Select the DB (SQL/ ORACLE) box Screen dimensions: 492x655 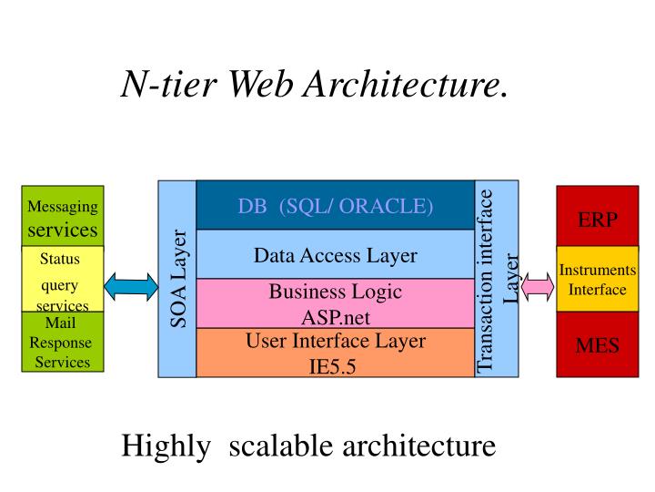(x=336, y=205)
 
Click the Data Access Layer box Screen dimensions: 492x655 (x=336, y=255)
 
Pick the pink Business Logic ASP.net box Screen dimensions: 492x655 (x=336, y=303)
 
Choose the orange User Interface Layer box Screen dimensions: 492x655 (x=336, y=353)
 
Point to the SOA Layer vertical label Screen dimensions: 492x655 (x=177, y=279)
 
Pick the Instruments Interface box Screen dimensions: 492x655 (x=598, y=280)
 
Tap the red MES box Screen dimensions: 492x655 (x=598, y=344)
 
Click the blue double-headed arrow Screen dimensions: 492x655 (x=131, y=286)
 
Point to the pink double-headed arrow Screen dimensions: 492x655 (x=538, y=286)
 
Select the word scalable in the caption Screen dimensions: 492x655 (x=283, y=446)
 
